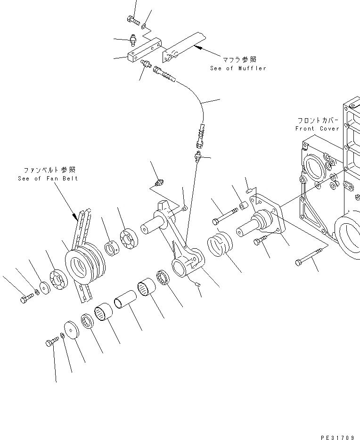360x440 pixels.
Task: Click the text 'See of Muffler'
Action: tap(238, 68)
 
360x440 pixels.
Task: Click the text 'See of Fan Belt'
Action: tap(48, 178)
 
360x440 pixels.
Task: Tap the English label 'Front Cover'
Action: tap(317, 129)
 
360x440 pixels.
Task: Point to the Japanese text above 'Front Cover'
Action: tap(318, 120)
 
